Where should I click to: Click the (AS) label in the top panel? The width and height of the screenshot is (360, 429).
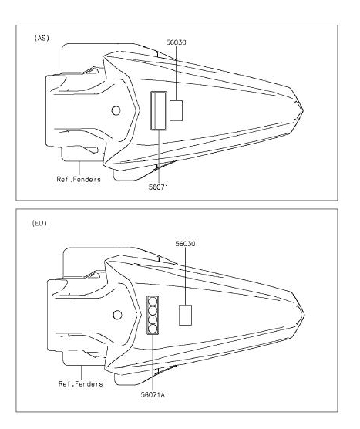[42, 38]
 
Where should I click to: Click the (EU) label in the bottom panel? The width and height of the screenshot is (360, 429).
[39, 223]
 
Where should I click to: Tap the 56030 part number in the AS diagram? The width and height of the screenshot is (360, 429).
[177, 42]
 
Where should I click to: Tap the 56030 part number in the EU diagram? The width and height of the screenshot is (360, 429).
[185, 244]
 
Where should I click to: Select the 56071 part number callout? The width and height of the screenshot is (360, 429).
[158, 187]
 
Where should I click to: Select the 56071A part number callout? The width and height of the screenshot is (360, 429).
[153, 394]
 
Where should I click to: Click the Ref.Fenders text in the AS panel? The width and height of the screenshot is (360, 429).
[79, 180]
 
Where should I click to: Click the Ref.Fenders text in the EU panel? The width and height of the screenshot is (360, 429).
[81, 383]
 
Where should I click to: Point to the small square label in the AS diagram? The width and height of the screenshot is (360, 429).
[176, 110]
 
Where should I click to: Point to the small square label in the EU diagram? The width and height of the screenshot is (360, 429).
[185, 315]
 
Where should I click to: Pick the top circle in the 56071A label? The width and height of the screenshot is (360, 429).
[153, 302]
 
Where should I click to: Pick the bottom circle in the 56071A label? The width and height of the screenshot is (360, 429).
[153, 329]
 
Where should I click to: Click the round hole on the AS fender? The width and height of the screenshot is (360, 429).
[116, 111]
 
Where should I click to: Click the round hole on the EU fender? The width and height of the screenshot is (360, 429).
[117, 315]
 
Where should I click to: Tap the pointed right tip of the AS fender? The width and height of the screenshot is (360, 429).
[303, 110]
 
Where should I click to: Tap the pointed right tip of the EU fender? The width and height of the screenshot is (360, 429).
[304, 315]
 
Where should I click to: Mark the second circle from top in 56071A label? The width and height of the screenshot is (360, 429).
[153, 311]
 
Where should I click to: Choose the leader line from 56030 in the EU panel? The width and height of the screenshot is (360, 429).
[185, 276]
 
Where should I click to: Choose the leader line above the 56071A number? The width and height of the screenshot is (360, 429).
[153, 363]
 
